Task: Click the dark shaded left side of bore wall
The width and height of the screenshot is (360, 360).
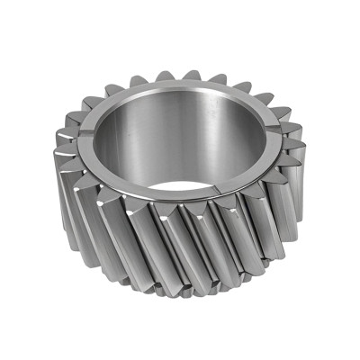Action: tap(108, 144)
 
